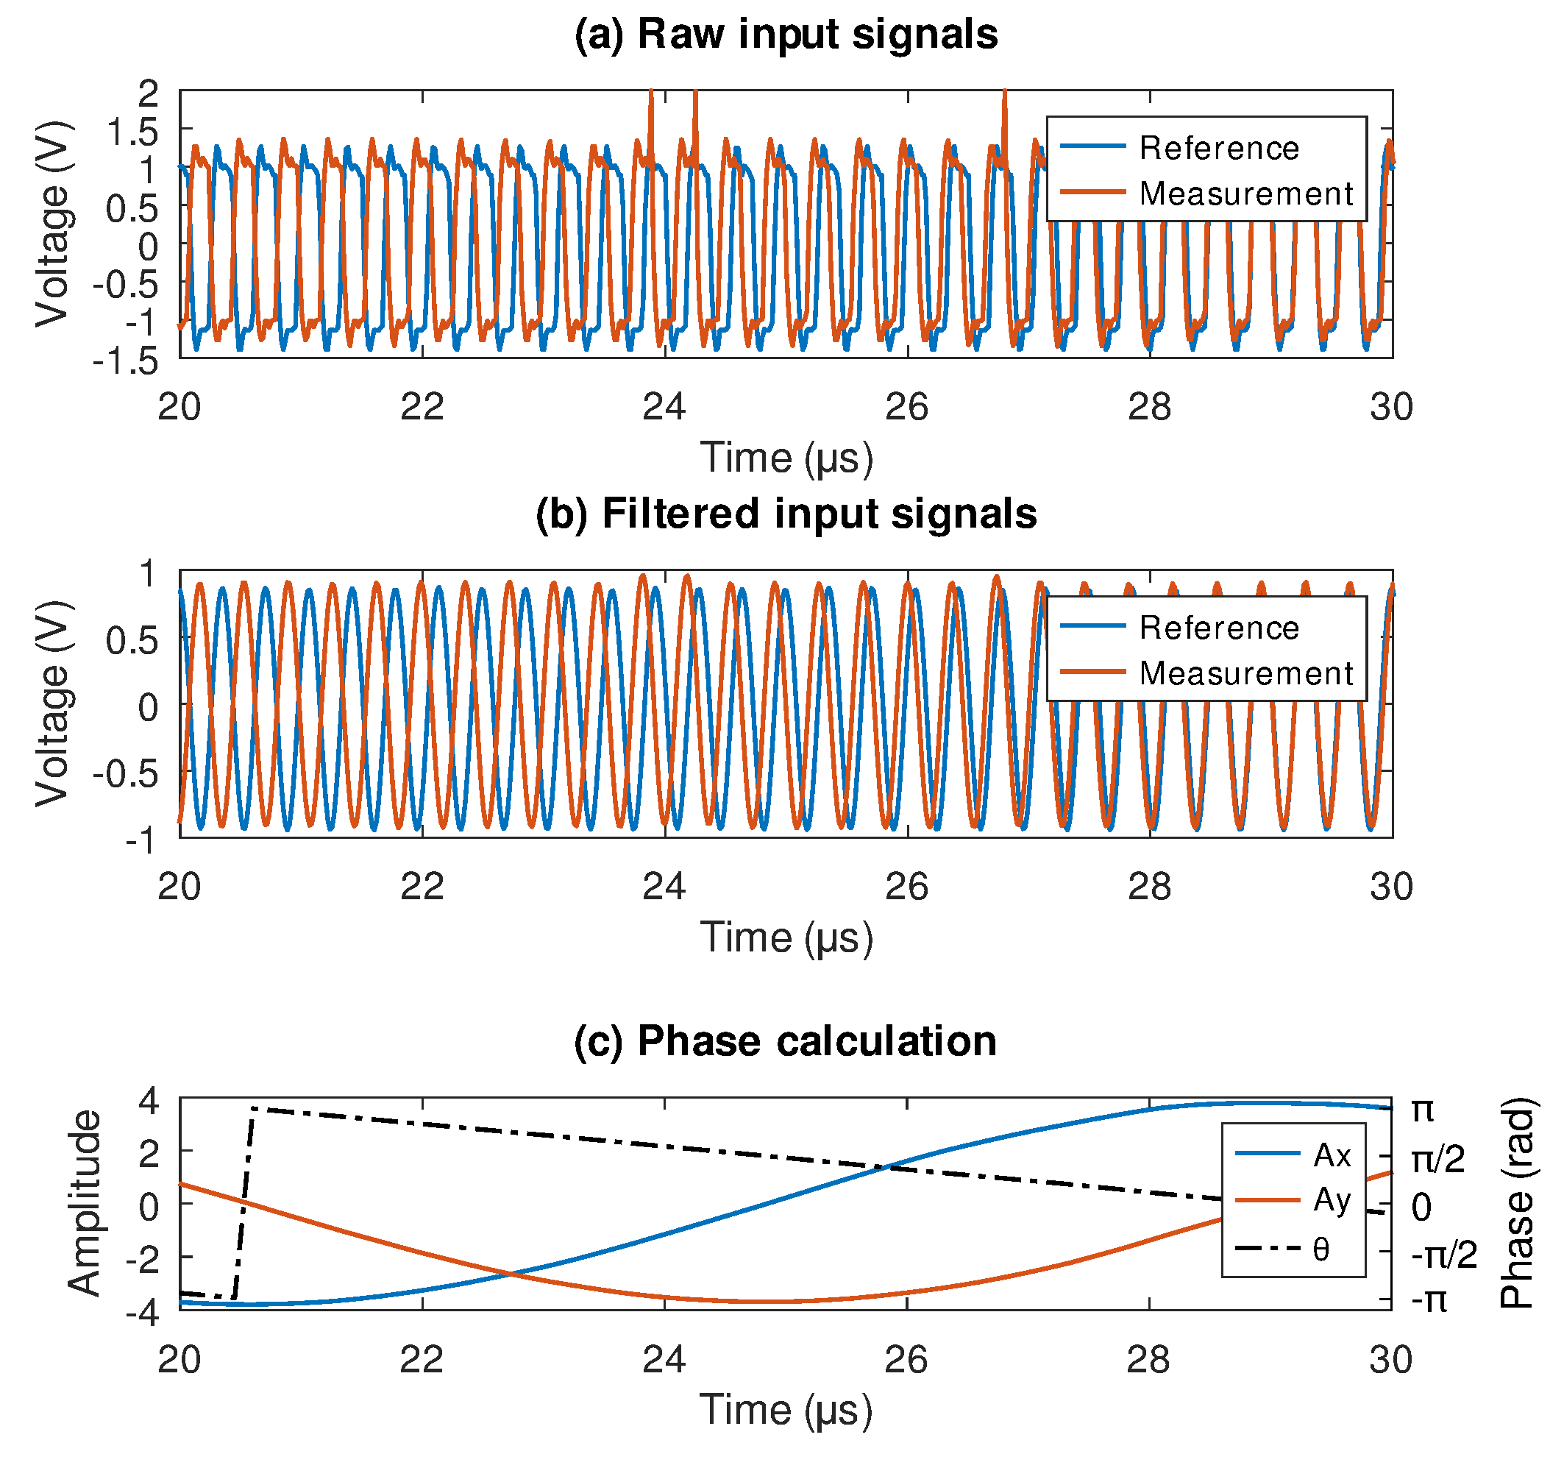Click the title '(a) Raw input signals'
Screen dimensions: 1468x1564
tap(785, 35)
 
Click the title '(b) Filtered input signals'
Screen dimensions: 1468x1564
tap(785, 514)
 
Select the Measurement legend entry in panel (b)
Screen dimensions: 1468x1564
tap(1245, 673)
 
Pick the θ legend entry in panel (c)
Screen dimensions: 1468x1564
tap(1321, 1249)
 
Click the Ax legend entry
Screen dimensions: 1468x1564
tap(1331, 1155)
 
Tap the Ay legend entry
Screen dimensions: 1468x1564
tap(1331, 1200)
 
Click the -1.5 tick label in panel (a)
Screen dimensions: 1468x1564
tap(126, 361)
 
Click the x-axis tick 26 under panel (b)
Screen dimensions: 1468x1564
tap(906, 887)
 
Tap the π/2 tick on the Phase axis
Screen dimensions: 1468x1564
tap(1437, 1160)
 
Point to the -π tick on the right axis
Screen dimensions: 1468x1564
tap(1429, 1301)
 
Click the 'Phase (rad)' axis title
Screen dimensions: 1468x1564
tap(1517, 1203)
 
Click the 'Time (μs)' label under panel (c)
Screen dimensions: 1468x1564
tap(785, 1410)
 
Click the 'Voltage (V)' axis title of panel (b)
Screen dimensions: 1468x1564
tap(53, 703)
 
